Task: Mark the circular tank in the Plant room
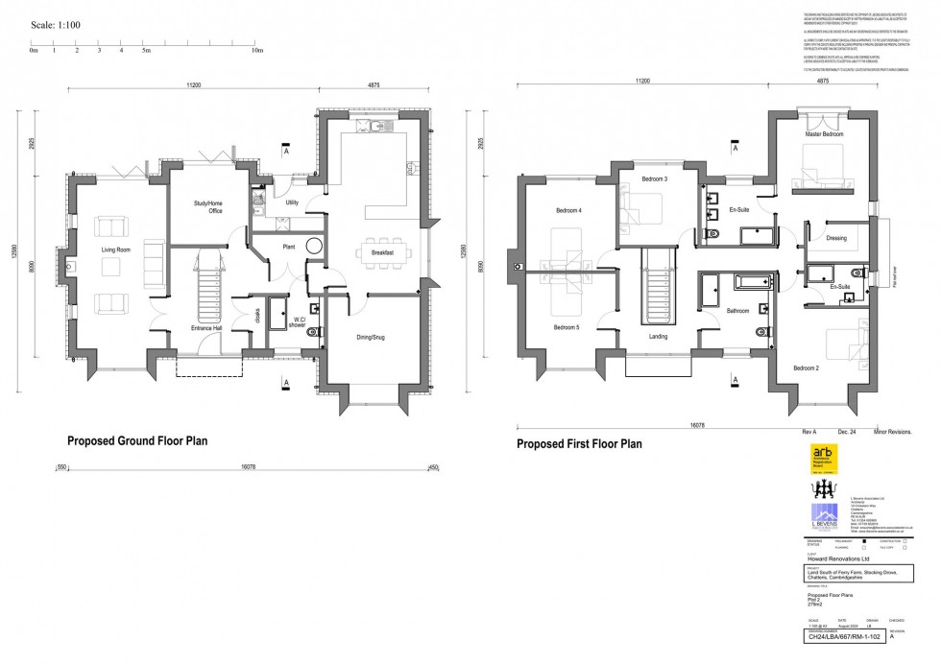click(314, 245)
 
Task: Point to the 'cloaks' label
click(257, 315)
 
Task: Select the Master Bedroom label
click(824, 134)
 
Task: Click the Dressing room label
click(835, 238)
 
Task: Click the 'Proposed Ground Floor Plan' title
click(137, 441)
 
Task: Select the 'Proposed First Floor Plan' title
click(579, 444)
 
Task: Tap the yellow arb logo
click(824, 460)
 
